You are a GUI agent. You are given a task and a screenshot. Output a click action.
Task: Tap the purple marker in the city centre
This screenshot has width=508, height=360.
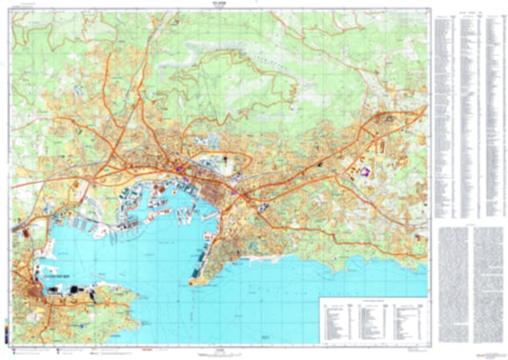(x=177, y=170)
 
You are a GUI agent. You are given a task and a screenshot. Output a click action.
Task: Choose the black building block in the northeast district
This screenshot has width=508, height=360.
(x=390, y=118)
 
